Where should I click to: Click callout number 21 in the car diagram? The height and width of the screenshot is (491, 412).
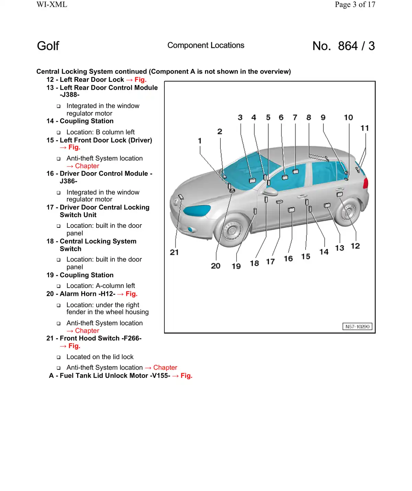pyautogui.click(x=174, y=253)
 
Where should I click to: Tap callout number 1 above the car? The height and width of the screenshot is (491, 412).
pyautogui.click(x=200, y=141)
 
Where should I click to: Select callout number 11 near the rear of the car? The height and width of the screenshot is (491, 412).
pyautogui.click(x=365, y=128)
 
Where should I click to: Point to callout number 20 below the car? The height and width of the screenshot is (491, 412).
pyautogui.click(x=216, y=266)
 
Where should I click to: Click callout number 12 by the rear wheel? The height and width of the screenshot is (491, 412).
pyautogui.click(x=355, y=246)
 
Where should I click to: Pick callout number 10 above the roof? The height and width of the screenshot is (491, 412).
pyautogui.click(x=348, y=118)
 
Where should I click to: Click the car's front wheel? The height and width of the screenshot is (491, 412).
pyautogui.click(x=232, y=230)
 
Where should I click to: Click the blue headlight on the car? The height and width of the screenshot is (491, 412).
pyautogui.click(x=197, y=210)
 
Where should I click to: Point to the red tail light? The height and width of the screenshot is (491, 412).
pyautogui.click(x=366, y=182)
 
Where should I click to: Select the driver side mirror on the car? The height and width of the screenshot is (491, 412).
pyautogui.click(x=271, y=191)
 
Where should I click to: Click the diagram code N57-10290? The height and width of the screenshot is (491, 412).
pyautogui.click(x=357, y=326)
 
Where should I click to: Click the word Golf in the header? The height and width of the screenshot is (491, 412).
pyautogui.click(x=48, y=46)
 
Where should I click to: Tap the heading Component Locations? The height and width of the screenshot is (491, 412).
pyautogui.click(x=206, y=45)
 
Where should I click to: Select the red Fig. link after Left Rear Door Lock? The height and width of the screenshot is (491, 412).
pyautogui.click(x=140, y=80)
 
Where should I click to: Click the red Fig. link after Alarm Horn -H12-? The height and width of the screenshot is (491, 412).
pyautogui.click(x=131, y=294)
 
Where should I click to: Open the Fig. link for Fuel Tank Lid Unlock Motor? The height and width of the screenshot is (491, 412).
pyautogui.click(x=186, y=376)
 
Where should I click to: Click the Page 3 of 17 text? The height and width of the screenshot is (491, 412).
pyautogui.click(x=355, y=4)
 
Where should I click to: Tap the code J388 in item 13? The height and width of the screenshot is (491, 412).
pyautogui.click(x=70, y=95)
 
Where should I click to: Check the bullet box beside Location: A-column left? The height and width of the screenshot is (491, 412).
pyautogui.click(x=59, y=286)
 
